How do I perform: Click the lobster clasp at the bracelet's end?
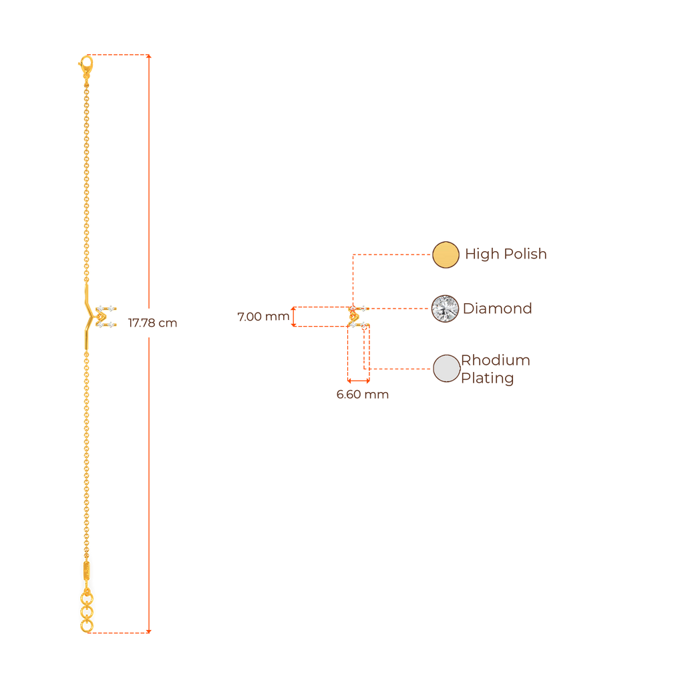[x=85, y=65]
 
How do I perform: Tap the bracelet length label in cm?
[x=152, y=323]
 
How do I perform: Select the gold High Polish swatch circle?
[x=446, y=254]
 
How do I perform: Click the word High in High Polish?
[x=478, y=254]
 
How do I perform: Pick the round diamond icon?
[x=446, y=309]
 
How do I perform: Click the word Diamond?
[x=498, y=309]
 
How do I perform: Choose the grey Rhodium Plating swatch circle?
[x=446, y=369]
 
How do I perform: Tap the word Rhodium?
[x=496, y=361]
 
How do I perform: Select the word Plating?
[x=488, y=379]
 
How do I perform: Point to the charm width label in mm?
[x=362, y=395]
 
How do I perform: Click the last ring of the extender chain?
[x=86, y=627]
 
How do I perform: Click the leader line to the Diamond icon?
[x=401, y=309]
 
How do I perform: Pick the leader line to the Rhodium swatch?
[x=401, y=369]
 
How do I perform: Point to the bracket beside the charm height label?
[x=293, y=317]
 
